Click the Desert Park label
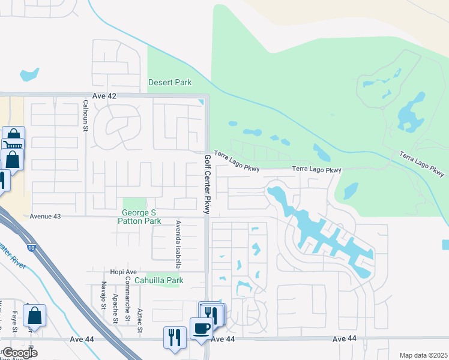click(x=170, y=82)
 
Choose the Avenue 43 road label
click(x=47, y=216)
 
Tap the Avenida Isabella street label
click(x=178, y=244)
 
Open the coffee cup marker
click(x=200, y=328)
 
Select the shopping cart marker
click(x=14, y=145)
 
